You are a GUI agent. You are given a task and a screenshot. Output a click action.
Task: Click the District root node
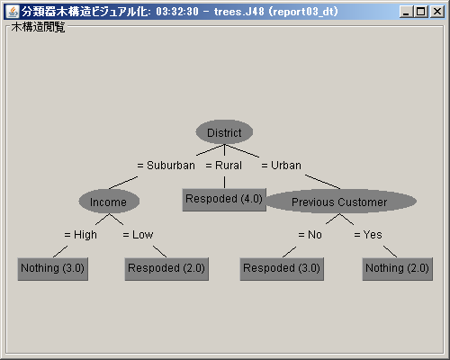click(224, 132)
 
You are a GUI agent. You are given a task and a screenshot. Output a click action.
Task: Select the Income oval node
click(109, 202)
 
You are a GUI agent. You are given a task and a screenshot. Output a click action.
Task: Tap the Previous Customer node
click(339, 202)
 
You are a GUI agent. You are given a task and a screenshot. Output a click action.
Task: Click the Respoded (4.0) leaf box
click(224, 200)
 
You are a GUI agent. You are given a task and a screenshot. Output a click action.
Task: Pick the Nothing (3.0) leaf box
click(53, 269)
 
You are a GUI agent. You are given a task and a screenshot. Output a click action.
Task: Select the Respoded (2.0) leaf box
click(166, 269)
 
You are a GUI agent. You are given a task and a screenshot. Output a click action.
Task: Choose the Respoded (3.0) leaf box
click(282, 269)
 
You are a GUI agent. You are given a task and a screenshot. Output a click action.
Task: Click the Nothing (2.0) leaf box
click(398, 269)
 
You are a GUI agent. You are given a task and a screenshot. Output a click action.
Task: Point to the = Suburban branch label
click(166, 166)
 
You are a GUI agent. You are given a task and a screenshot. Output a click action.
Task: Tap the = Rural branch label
click(224, 166)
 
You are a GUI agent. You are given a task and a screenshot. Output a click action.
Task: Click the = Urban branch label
click(282, 166)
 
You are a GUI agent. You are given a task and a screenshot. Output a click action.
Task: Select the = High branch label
click(81, 235)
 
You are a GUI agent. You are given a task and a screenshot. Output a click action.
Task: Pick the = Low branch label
click(138, 235)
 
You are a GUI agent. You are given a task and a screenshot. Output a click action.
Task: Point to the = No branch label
click(310, 235)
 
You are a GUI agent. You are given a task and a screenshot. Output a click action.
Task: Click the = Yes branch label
click(368, 235)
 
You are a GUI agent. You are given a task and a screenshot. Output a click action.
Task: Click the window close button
click(437, 12)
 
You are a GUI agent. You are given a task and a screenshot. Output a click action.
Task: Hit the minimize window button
click(407, 12)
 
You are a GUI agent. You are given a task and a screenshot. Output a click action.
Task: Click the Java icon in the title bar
click(13, 12)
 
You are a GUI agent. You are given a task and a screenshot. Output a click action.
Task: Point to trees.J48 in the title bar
click(239, 12)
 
